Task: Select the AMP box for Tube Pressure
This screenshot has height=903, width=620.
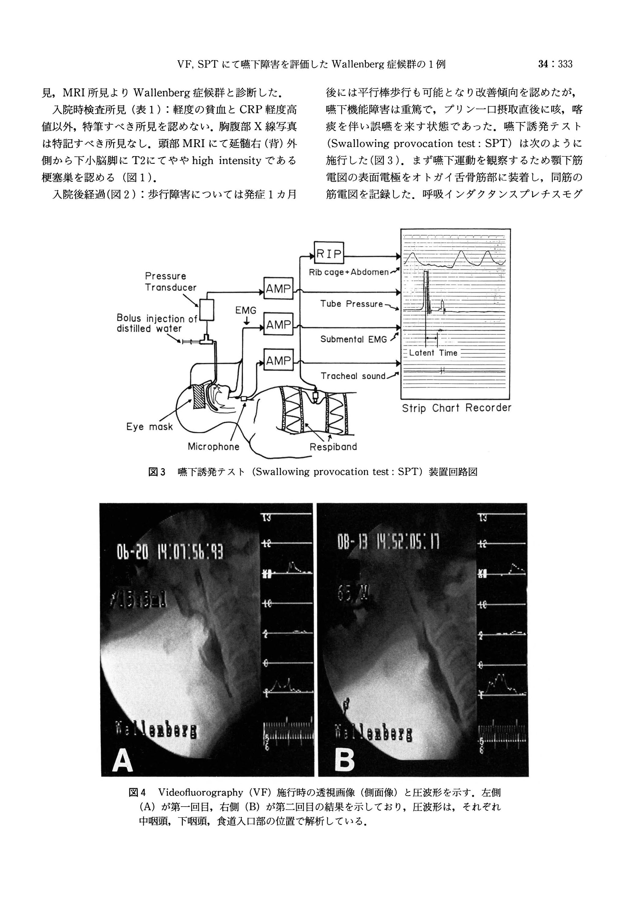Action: pyautogui.click(x=278, y=288)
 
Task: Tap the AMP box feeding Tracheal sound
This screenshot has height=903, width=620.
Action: pyautogui.click(x=278, y=360)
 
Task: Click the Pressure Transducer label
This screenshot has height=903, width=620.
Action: pyautogui.click(x=170, y=281)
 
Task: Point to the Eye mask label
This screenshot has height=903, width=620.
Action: pyautogui.click(x=149, y=427)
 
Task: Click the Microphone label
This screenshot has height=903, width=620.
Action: pyautogui.click(x=213, y=447)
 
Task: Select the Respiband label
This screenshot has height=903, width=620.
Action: pyautogui.click(x=333, y=447)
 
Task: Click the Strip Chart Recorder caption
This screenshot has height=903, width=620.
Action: pyautogui.click(x=457, y=408)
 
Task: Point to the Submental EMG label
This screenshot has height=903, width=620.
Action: pyautogui.click(x=353, y=339)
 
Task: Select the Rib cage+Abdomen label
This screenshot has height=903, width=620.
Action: pyautogui.click(x=349, y=272)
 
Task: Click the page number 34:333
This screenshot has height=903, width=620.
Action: pyautogui.click(x=555, y=64)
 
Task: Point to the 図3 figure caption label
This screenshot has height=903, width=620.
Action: pyautogui.click(x=157, y=472)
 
